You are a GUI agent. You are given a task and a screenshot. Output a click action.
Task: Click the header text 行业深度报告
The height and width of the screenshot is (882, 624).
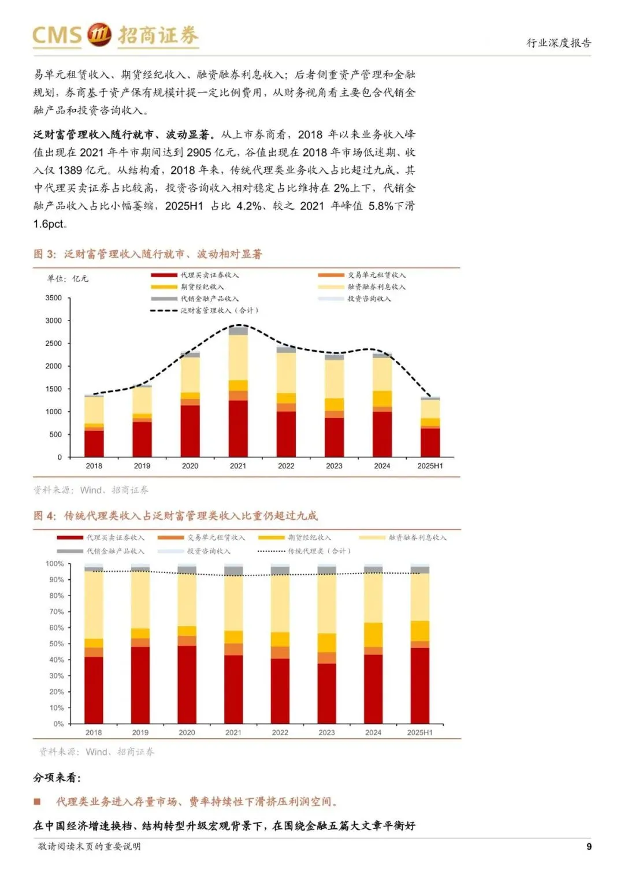pyautogui.click(x=558, y=43)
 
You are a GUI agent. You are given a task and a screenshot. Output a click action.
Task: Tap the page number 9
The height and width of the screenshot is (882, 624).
pyautogui.click(x=589, y=846)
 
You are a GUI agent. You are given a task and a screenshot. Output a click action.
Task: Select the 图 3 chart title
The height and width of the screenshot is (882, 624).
pyautogui.click(x=148, y=254)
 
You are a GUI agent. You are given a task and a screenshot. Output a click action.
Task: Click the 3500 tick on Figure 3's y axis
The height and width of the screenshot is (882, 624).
pyautogui.click(x=54, y=298)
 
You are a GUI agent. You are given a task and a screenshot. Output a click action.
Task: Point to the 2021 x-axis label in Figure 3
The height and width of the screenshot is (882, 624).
pyautogui.click(x=237, y=466)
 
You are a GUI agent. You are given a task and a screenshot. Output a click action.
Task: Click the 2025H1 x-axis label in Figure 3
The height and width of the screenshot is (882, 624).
pyautogui.click(x=430, y=466)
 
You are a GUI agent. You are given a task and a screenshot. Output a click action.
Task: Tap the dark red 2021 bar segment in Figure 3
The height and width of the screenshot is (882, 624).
pyautogui.click(x=238, y=428)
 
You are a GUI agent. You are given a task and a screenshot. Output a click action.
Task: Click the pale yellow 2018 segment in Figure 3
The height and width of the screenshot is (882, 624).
pyautogui.click(x=94, y=410)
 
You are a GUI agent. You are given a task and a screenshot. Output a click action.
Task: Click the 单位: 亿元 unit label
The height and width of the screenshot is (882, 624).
pyautogui.click(x=68, y=278)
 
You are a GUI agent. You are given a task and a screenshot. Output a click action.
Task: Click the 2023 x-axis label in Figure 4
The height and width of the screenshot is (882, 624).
pyautogui.click(x=326, y=732)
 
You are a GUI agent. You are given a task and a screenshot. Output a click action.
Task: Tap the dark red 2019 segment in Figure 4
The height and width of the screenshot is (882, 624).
pyautogui.click(x=140, y=684)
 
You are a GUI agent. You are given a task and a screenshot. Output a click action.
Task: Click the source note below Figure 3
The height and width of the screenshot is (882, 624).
pyautogui.click(x=91, y=490)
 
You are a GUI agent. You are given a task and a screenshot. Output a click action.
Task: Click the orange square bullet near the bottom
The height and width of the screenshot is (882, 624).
pyautogui.click(x=38, y=802)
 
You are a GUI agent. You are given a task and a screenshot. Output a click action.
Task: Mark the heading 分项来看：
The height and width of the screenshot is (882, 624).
pyautogui.click(x=57, y=777)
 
